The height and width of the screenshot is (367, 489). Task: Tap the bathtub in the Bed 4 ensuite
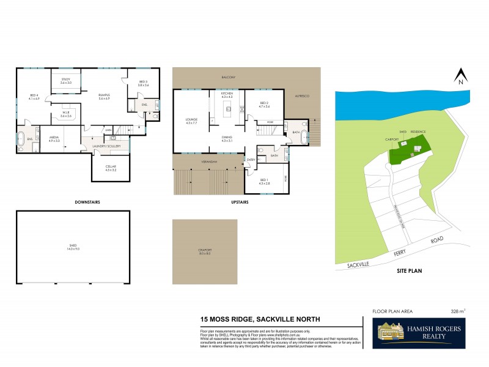[21, 136]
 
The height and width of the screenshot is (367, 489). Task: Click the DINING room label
[227, 139]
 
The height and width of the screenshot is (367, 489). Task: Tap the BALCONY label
[229, 77]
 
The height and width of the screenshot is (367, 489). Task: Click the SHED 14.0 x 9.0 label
[73, 247]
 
